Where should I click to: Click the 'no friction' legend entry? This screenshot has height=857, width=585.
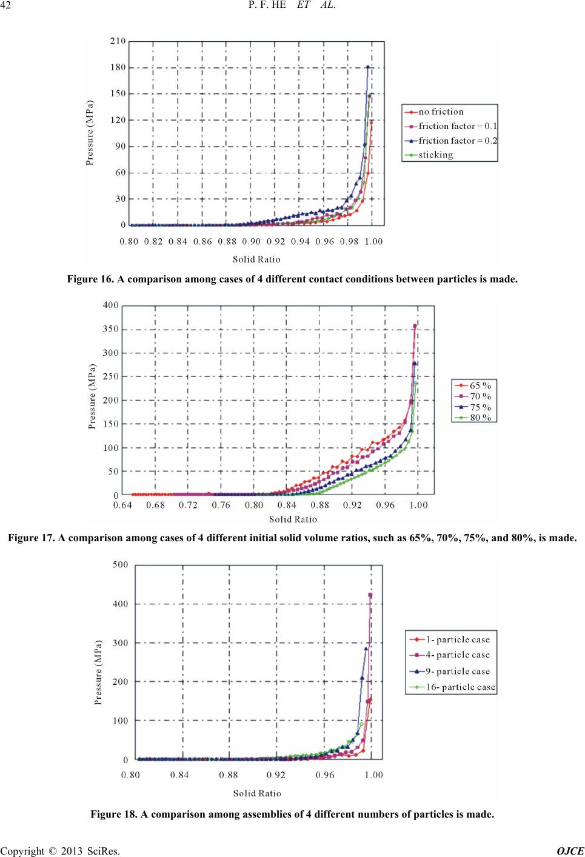[434, 112]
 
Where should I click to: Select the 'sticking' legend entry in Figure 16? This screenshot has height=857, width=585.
[429, 155]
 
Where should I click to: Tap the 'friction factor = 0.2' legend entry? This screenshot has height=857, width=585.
[451, 141]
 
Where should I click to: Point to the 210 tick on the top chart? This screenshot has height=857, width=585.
[118, 41]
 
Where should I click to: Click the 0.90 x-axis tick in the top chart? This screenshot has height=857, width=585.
[251, 241]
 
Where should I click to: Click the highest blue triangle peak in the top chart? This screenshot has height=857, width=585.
[368, 67]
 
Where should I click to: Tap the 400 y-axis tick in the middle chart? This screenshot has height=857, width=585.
[111, 305]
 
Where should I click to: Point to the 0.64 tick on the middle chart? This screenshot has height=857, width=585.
[122, 505]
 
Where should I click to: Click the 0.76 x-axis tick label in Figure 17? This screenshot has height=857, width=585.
[221, 505]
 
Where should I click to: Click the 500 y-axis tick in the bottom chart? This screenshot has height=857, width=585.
[120, 565]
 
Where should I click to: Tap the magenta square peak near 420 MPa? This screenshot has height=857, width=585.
[370, 595]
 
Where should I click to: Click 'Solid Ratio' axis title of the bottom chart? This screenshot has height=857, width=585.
[257, 793]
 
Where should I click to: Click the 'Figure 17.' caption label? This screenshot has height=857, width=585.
[32, 538]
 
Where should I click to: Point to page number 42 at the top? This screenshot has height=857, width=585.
[5, 5]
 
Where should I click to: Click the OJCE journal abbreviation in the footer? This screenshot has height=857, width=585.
[570, 852]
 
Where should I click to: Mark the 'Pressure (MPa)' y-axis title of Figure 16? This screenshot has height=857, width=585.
[90, 133]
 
